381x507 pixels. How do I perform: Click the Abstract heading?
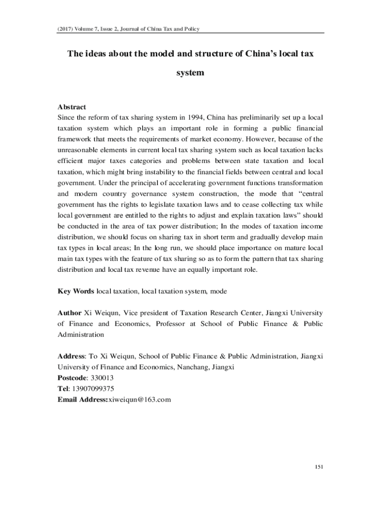click(72, 107)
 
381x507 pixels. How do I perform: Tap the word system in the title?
click(190, 73)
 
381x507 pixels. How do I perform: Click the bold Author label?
click(70, 313)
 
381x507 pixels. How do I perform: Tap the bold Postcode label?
click(74, 378)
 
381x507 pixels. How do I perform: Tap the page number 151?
click(319, 466)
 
